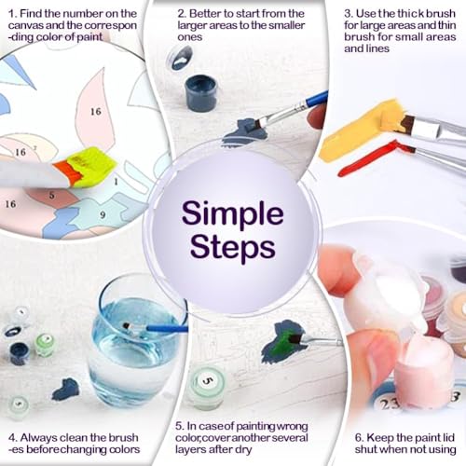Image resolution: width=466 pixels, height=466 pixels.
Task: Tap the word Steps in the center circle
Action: (x=232, y=247)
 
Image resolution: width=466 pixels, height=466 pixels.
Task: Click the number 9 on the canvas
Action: (x=103, y=214)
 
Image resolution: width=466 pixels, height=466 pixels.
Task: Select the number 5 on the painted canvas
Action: (x=51, y=195)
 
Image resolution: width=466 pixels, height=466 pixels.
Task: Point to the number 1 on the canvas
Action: (x=116, y=181)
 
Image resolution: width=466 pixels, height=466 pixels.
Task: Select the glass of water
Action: (x=137, y=337)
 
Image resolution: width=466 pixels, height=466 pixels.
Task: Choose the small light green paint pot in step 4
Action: (x=46, y=344)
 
